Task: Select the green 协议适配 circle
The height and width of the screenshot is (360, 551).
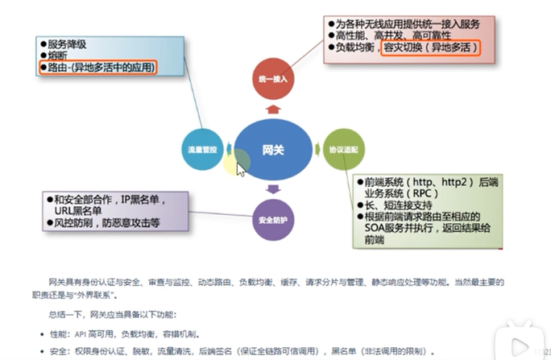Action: [338, 150]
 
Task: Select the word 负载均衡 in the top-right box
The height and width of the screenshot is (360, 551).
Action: [356, 48]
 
